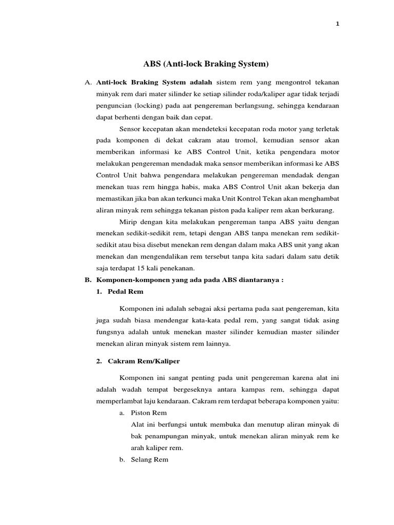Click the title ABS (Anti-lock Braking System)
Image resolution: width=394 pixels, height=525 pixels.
coord(206,64)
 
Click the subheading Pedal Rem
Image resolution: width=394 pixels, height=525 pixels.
coord(126,292)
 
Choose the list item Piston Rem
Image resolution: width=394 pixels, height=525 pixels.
coord(149,413)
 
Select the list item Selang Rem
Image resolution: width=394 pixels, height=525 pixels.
coord(150,459)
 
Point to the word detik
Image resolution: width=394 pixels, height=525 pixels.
coord(330,257)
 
